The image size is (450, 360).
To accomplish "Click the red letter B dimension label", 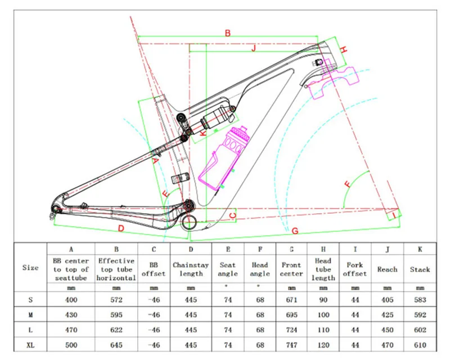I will coord(228,33).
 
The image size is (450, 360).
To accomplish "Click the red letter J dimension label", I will coord(254,48).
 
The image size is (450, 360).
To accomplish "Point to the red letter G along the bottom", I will coord(294,230).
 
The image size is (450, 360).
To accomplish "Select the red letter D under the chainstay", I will coord(120,228).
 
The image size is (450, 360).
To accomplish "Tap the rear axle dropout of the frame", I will coord(54,212).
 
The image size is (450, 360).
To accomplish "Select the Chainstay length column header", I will coord(191,269).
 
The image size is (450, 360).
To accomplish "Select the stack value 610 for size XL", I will coord(420,344).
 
